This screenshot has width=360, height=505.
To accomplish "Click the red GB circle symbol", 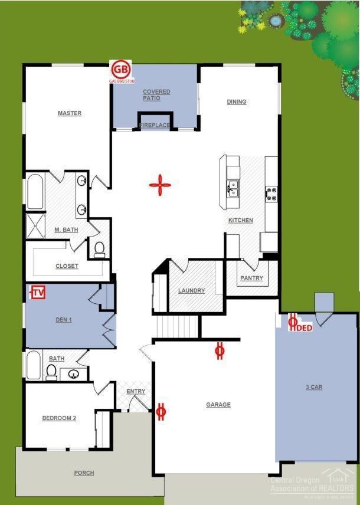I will tap(120, 69).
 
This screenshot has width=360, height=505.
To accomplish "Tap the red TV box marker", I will tap(38, 292).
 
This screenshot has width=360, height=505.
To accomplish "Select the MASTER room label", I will tap(69, 113).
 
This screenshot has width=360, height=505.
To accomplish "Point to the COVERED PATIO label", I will tap(156, 95).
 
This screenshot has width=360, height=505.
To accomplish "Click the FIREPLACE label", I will tap(155, 125).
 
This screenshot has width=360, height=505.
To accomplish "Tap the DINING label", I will tap(237, 102).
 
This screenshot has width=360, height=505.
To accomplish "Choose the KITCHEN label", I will tap(241, 221).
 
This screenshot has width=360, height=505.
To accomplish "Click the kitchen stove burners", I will tap(271, 194).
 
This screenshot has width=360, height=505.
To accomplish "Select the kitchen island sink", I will tap(234, 189).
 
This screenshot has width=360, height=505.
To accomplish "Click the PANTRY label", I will tap(251, 278).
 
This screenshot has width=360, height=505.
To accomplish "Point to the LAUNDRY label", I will tap(191, 290).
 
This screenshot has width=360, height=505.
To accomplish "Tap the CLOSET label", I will tap(67, 266).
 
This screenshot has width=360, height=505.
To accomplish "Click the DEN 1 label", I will tap(63, 320).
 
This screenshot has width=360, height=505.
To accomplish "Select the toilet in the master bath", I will tap(99, 250).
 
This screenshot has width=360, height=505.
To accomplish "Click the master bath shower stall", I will tap(35, 226).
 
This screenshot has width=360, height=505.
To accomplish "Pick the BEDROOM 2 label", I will tap(59, 418).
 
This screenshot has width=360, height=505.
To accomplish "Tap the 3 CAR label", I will tap(313, 387).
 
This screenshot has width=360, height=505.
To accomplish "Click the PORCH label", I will tap(84, 473).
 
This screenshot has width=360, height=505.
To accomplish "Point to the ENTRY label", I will tap(136, 392).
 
